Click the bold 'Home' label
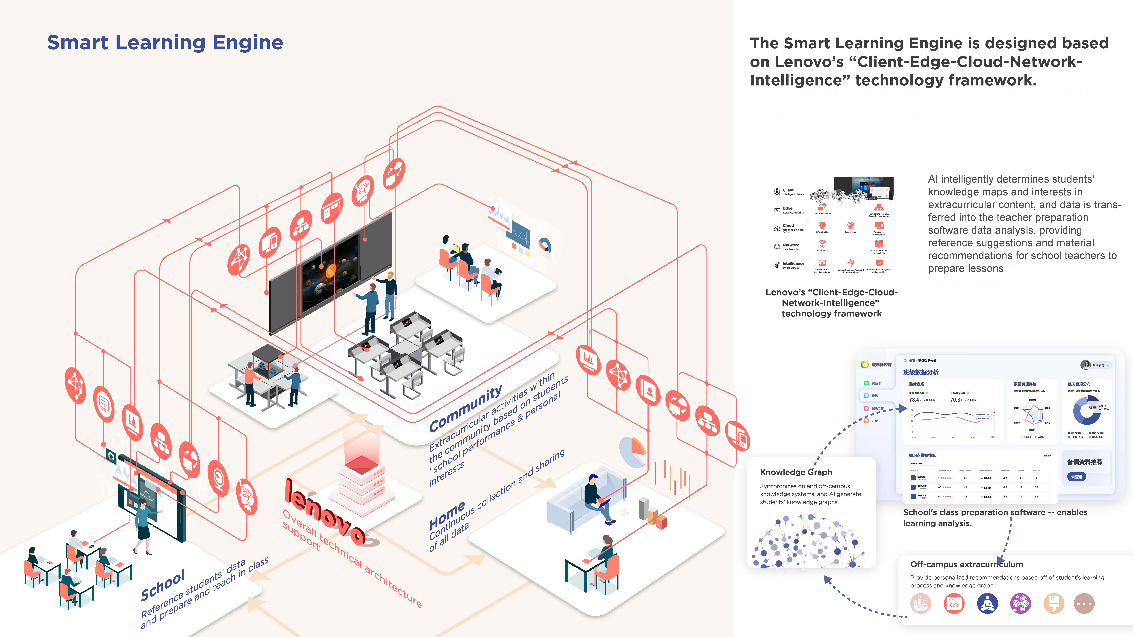447,515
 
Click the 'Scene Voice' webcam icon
851,225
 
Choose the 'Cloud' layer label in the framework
788,225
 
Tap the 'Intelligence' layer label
793,263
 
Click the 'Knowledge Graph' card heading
796,472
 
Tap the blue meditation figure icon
987,604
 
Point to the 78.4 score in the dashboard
915,400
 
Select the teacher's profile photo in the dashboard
1085,365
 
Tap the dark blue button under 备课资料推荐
1076,476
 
